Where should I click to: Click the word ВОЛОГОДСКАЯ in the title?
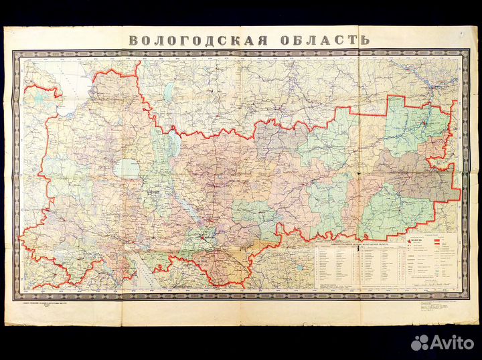tap(198, 39)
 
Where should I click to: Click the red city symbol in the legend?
tap(409, 242)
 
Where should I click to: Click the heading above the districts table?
tap(355, 246)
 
